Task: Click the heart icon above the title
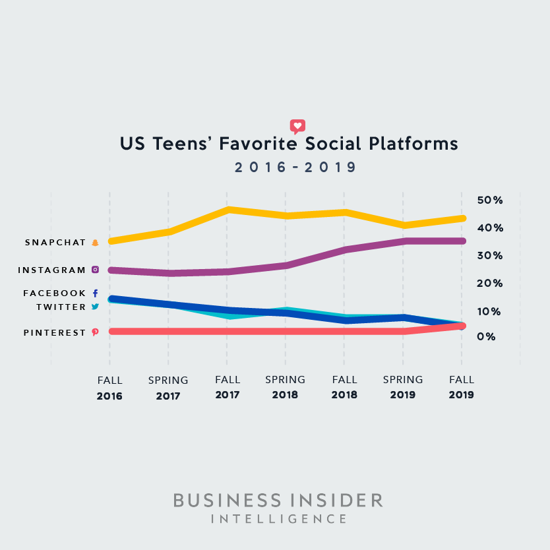tap(297, 126)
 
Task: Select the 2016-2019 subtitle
tap(295, 168)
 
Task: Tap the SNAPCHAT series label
tap(55, 243)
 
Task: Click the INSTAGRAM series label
tap(52, 270)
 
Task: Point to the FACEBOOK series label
tap(55, 293)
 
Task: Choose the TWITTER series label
tap(61, 307)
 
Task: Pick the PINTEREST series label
tap(55, 333)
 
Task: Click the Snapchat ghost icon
tap(95, 243)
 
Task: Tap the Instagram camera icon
tap(95, 270)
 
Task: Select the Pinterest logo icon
tap(95, 332)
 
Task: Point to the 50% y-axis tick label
tap(490, 200)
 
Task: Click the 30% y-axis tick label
tap(490, 255)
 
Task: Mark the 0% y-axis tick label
tap(487, 336)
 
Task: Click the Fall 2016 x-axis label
tap(109, 388)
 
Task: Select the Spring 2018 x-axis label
tap(285, 388)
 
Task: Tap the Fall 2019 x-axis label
tap(462, 388)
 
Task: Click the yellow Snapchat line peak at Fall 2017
tap(227, 210)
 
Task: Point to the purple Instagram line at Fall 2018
tap(344, 250)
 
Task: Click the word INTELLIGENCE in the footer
tap(278, 520)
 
